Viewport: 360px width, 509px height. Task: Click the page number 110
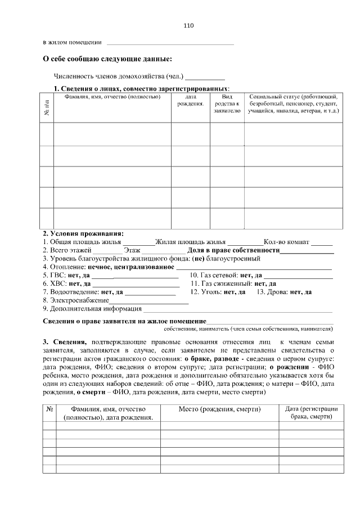click(188, 26)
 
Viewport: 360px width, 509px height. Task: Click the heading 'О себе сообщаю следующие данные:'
click(108, 58)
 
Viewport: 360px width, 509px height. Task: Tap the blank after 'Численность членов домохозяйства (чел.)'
click(205, 76)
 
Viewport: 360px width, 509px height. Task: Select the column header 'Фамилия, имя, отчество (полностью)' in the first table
click(112, 97)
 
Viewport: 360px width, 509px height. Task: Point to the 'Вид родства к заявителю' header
click(227, 104)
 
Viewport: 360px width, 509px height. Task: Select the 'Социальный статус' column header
click(293, 104)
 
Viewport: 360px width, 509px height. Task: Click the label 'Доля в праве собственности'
click(233, 250)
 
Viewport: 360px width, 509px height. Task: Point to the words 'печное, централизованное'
click(138, 267)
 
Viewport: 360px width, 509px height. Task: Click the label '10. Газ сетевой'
click(213, 275)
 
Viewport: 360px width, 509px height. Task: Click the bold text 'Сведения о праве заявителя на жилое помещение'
click(125, 321)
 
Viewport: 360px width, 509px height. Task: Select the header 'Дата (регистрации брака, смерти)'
click(311, 413)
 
